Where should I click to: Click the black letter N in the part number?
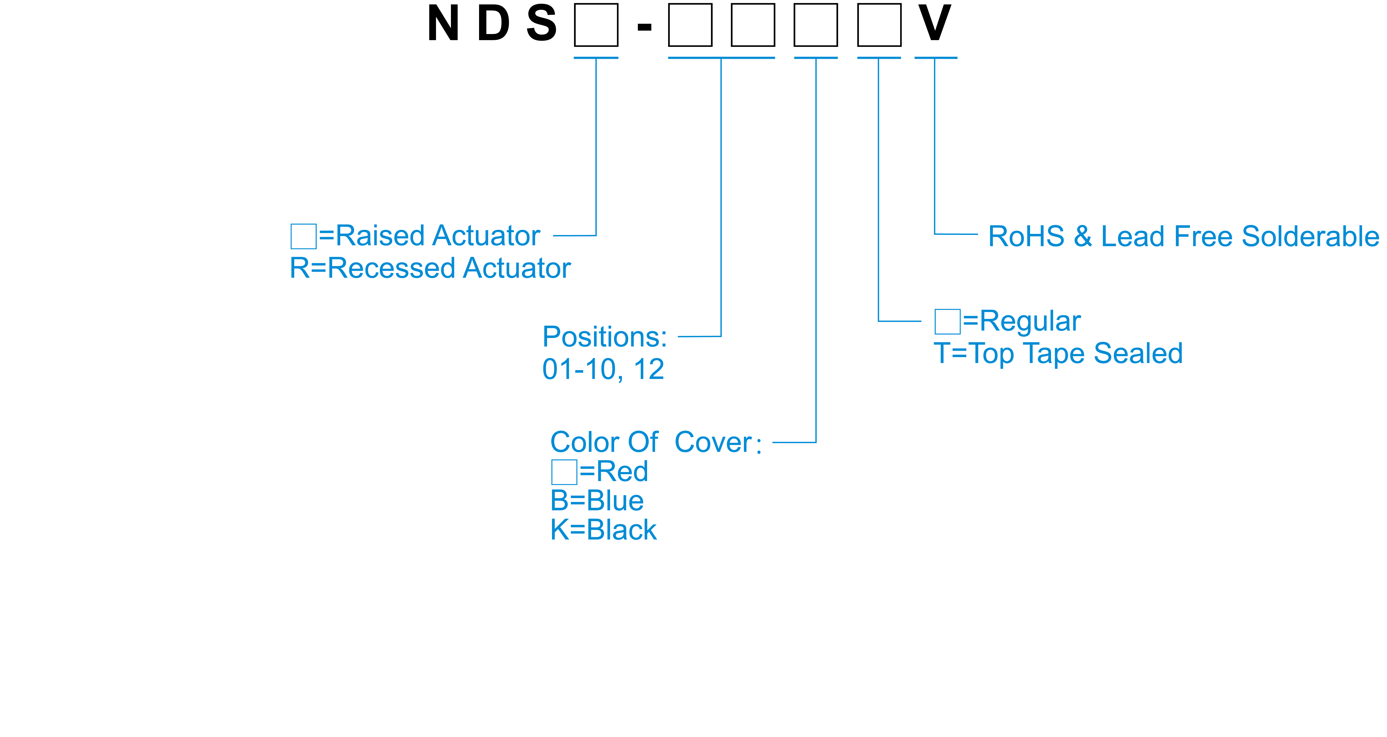(443, 24)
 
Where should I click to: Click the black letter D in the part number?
(493, 24)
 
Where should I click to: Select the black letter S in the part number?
(541, 24)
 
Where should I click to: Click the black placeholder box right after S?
(596, 25)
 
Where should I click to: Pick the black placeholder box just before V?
(879, 25)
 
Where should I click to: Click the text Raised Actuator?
(437, 236)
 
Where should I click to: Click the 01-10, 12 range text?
(603, 370)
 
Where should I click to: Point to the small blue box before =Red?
(564, 472)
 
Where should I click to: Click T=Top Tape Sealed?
(1058, 354)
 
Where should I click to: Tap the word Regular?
(1030, 322)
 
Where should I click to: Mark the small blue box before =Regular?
(947, 322)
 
